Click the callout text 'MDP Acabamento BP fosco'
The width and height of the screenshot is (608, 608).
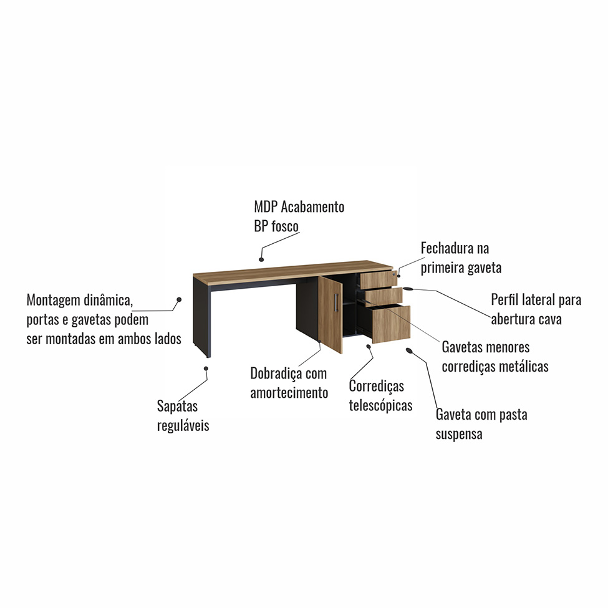click(299, 216)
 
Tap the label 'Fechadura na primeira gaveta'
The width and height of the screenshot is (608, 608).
click(461, 258)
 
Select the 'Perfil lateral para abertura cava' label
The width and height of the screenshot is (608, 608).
click(536, 310)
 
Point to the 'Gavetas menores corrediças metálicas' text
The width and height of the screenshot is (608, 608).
click(495, 357)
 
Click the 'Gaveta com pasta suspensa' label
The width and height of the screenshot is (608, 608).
click(481, 424)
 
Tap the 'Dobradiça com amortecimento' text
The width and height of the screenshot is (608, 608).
click(289, 383)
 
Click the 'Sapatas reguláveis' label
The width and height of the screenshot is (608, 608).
click(183, 416)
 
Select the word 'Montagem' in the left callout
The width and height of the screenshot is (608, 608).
click(53, 300)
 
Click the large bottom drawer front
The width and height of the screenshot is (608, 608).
click(392, 324)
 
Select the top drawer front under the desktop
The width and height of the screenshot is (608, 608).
click(379, 279)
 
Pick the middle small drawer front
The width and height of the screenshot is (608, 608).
click(382, 296)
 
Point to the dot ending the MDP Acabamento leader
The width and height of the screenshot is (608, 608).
click(262, 258)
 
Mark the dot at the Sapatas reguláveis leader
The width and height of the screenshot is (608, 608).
click(206, 369)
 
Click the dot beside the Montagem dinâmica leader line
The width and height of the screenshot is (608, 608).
click(179, 299)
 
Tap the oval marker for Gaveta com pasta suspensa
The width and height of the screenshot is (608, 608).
click(409, 352)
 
